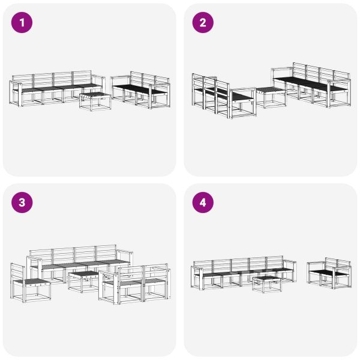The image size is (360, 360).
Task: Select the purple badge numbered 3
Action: click(23, 203)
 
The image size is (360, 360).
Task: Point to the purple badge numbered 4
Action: click(203, 203)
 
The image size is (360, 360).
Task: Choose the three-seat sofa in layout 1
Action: click(141, 90)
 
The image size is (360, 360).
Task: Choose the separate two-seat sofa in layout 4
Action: click(329, 274)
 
